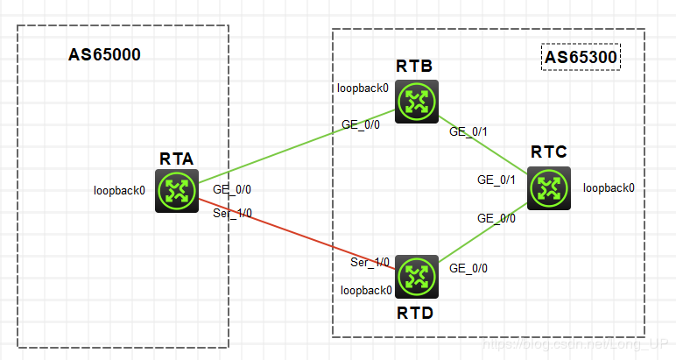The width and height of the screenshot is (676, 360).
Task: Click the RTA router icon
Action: (x=177, y=190)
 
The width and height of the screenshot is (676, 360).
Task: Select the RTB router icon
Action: (x=416, y=101)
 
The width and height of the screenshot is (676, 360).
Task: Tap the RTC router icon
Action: (x=549, y=187)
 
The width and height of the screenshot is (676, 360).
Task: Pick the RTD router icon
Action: (x=416, y=276)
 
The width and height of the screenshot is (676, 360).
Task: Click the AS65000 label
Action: (x=104, y=55)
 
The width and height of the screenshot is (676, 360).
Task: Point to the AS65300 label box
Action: (x=581, y=58)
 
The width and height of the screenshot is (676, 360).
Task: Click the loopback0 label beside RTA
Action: (x=120, y=189)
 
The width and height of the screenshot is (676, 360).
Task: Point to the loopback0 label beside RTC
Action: (x=609, y=187)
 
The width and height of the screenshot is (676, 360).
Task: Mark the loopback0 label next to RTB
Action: (x=363, y=88)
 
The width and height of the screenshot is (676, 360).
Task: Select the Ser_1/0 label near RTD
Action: (x=370, y=262)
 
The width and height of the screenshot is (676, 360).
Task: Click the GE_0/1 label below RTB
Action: (x=468, y=131)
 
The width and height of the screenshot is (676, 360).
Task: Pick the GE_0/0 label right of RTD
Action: (x=468, y=269)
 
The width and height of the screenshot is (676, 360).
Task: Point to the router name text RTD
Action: (x=416, y=312)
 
